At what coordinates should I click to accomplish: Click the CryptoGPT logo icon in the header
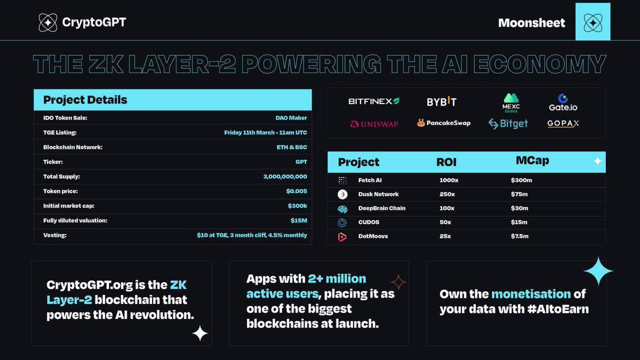(48, 22)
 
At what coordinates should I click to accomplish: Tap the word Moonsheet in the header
(531, 23)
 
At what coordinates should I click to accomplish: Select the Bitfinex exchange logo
(374, 101)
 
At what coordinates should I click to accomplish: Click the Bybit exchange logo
(442, 101)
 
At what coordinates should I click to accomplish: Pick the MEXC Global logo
(511, 101)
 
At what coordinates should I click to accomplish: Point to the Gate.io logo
(563, 102)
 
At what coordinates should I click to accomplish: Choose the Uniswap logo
(374, 124)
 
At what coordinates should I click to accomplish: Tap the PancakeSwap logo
(444, 123)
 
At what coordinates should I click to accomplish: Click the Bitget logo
(508, 124)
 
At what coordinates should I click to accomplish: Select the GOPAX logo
(563, 124)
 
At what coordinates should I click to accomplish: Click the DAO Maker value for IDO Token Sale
(291, 118)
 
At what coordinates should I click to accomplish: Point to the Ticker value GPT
(301, 162)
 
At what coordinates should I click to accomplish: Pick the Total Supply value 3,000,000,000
(285, 177)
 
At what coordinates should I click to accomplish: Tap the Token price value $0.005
(297, 191)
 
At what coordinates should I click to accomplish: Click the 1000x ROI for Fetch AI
(449, 180)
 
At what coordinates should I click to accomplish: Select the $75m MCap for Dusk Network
(519, 194)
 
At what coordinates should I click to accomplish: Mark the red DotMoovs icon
(342, 237)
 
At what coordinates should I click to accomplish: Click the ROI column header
(446, 162)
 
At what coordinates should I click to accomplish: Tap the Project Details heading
(85, 100)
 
